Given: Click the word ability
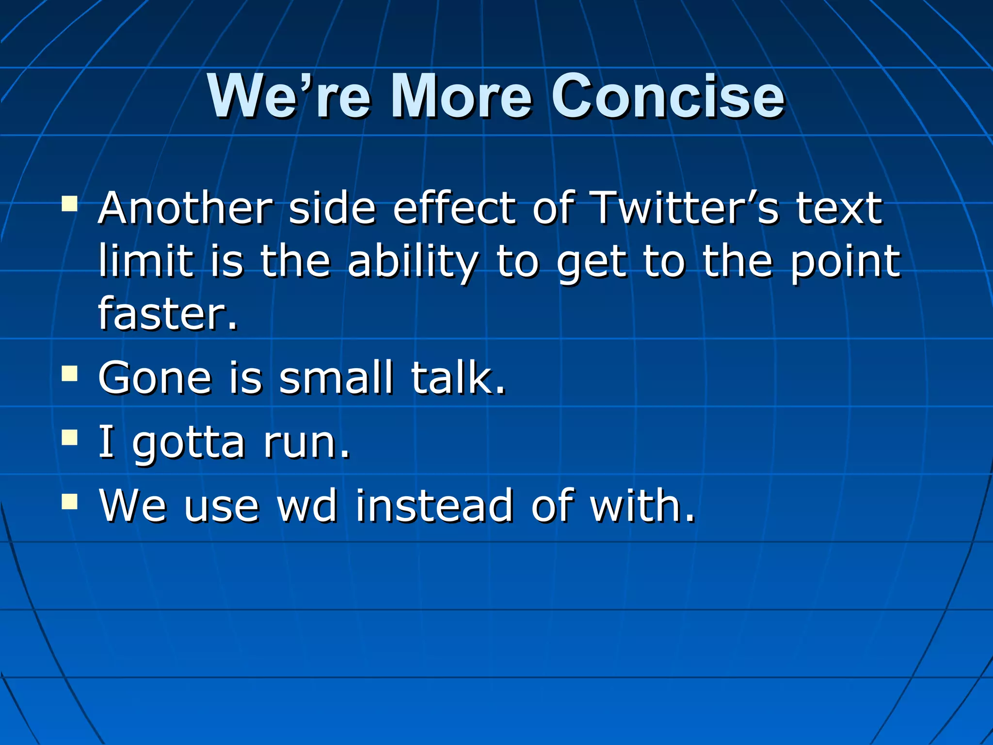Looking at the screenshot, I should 413,262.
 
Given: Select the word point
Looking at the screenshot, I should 846,262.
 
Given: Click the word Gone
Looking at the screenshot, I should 155,378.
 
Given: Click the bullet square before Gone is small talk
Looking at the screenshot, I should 70,374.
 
